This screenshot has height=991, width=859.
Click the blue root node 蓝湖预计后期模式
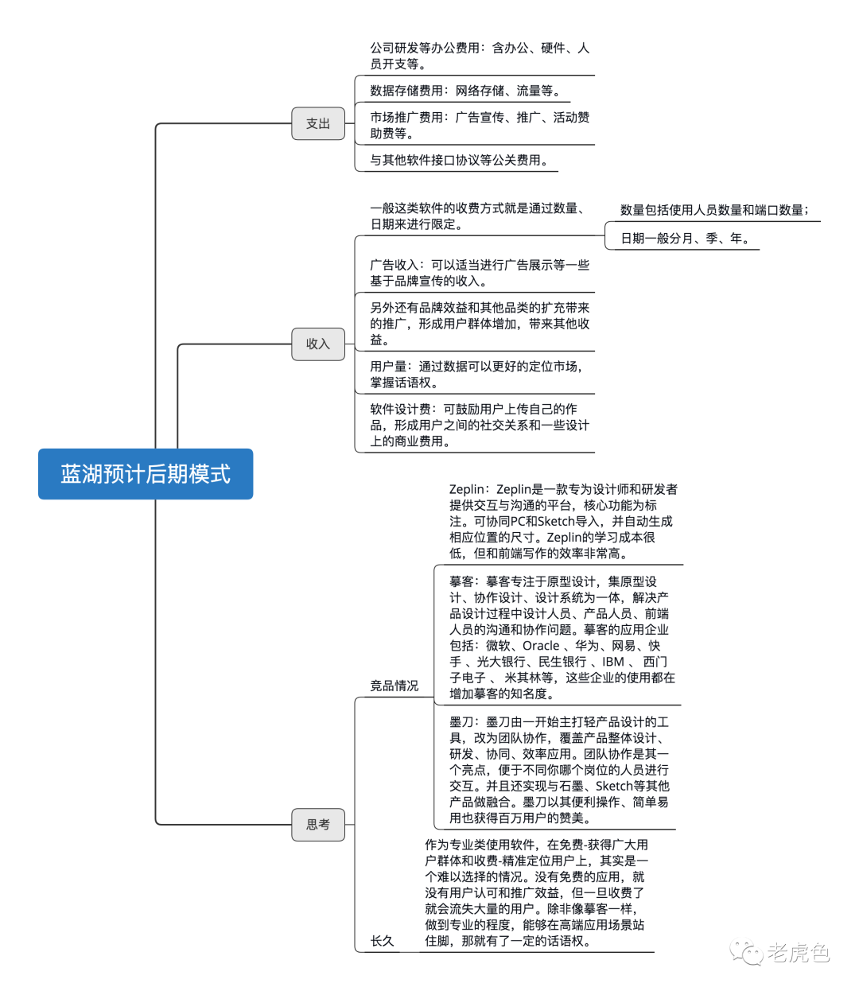tap(146, 474)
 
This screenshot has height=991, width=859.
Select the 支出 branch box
tap(318, 123)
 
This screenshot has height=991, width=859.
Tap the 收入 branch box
tap(318, 344)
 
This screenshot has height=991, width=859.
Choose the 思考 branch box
tap(318, 824)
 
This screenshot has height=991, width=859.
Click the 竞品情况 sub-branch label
tap(394, 686)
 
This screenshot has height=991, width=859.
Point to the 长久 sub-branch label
tap(382, 941)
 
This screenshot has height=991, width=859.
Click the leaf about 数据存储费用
tap(466, 91)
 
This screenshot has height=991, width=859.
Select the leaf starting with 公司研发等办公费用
tap(480, 56)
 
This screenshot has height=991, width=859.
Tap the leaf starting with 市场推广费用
tap(480, 125)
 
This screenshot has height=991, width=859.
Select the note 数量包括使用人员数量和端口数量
tap(714, 210)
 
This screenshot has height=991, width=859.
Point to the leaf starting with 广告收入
tap(480, 273)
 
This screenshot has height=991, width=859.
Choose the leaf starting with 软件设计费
tap(480, 425)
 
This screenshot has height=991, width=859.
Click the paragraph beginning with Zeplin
tap(562, 521)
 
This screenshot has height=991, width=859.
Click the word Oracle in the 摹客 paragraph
tap(541, 646)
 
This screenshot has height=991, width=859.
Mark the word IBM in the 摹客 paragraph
tap(613, 662)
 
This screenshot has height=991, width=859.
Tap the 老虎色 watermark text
tap(798, 952)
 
